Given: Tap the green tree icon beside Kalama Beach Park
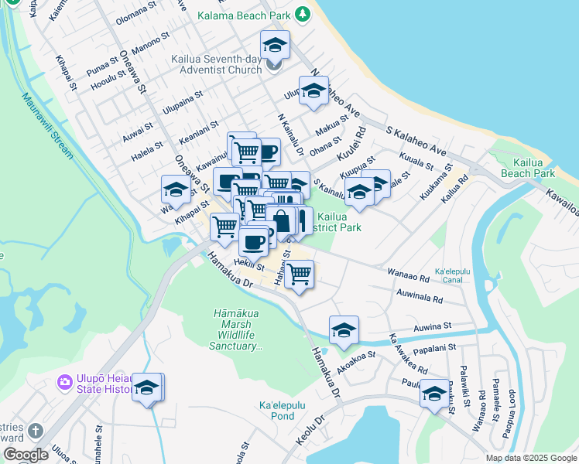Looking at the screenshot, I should coord(304,15).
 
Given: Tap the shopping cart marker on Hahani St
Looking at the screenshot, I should coord(300,273).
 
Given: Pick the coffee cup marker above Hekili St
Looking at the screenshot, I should coord(253,242).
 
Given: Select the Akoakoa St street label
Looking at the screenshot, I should coord(355,357).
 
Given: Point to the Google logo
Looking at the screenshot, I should coord(26,455).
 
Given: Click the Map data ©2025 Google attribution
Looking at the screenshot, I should coord(530,458).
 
